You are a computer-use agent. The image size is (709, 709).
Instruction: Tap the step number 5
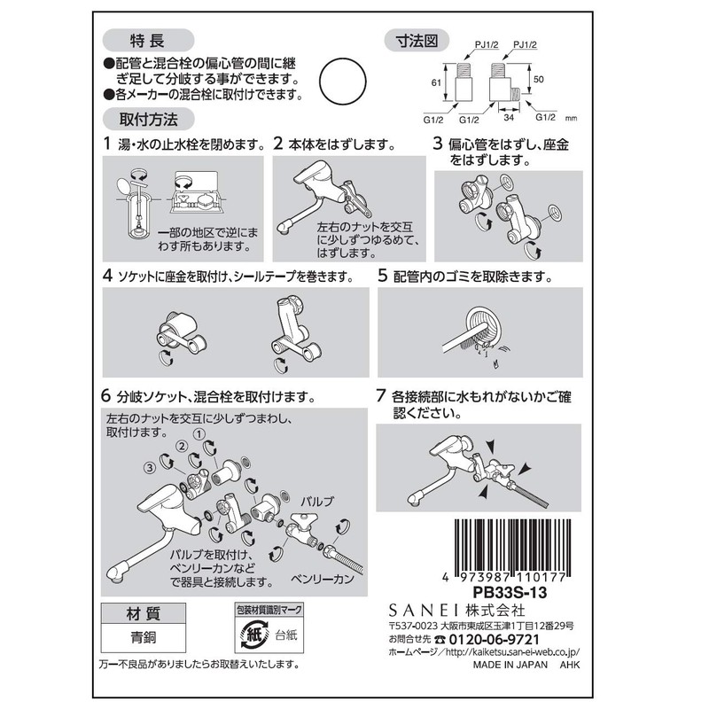[x=383, y=276]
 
